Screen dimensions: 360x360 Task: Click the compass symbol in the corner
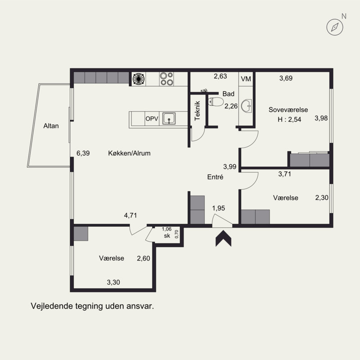(x=335, y=27)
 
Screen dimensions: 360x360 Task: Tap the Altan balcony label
(x=51, y=126)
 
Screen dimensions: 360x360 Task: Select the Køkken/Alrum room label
(x=129, y=153)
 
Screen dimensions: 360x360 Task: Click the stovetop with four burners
(x=166, y=79)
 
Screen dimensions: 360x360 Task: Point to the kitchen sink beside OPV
(x=169, y=118)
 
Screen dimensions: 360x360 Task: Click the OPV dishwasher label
(x=152, y=119)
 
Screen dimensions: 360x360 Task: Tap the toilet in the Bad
(x=216, y=102)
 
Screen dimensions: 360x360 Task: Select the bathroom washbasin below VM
(x=247, y=106)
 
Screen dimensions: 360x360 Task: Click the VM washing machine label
(x=246, y=79)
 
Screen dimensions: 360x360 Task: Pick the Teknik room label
(x=197, y=111)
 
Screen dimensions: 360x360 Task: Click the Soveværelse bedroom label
(x=288, y=110)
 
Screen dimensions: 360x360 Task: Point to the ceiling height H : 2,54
(x=289, y=119)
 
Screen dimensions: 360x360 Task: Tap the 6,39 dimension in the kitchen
(x=83, y=153)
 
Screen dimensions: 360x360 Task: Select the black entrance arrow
(x=223, y=239)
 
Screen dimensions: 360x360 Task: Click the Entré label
(x=215, y=177)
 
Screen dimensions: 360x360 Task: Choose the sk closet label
(x=167, y=235)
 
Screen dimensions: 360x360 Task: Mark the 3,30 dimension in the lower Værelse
(x=113, y=282)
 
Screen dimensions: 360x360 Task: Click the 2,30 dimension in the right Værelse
(x=322, y=198)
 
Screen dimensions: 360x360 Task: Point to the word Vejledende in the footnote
(x=52, y=306)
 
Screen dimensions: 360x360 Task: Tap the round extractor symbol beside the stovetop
(x=139, y=79)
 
